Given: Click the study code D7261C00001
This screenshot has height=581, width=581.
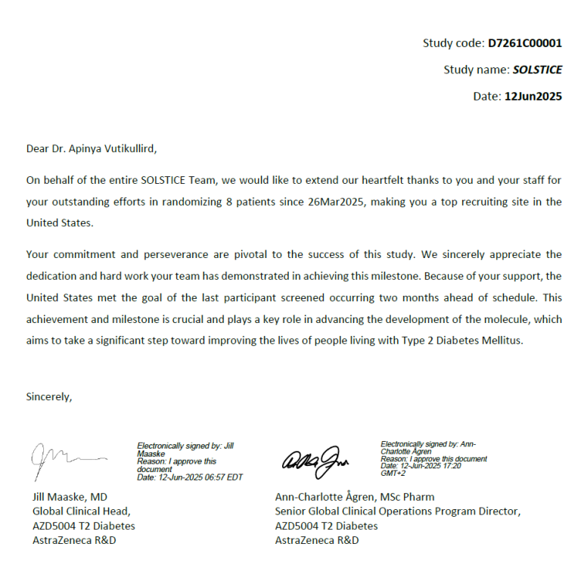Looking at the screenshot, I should coord(524,43).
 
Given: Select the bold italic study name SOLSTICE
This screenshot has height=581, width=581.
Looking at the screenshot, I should coord(537,70).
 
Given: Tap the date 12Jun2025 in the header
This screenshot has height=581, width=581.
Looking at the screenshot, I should coord(533,96).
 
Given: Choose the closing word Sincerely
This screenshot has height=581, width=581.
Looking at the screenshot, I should coord(49,396).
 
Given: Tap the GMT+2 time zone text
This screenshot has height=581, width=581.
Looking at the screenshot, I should coord(393,473).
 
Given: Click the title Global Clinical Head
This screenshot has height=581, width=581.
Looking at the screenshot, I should coord(76,511).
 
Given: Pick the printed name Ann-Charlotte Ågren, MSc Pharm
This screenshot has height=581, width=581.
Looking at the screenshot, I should coord(355,497).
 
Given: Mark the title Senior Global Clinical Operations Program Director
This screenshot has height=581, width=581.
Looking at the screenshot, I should coord(398,511).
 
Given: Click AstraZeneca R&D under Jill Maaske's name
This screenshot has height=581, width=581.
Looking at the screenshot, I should coord(74,540).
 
